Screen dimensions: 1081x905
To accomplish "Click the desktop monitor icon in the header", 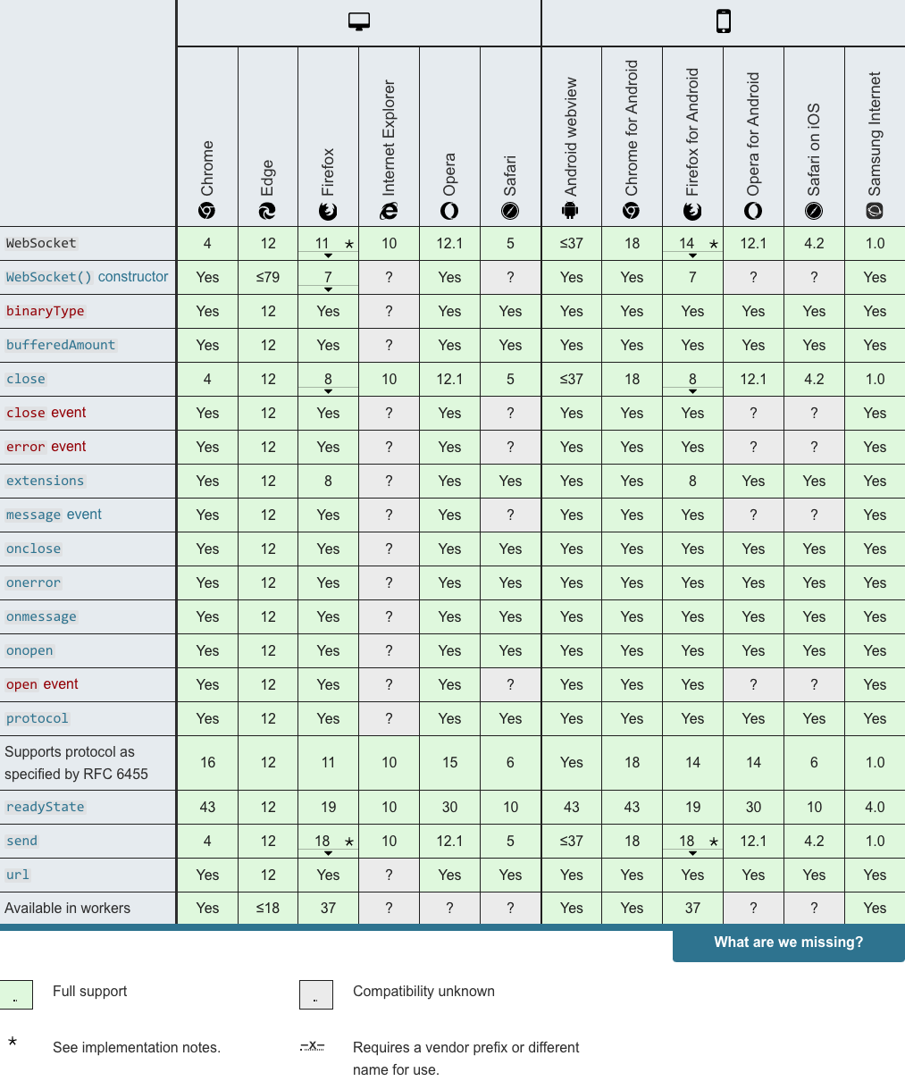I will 359,22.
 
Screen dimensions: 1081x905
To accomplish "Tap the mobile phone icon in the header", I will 723,21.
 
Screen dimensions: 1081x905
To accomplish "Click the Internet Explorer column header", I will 389,147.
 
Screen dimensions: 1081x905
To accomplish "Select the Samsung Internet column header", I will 875,147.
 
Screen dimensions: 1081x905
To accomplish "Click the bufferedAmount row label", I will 61,345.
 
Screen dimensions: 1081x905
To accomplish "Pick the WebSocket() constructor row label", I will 87,277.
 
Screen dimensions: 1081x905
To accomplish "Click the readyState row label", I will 46,807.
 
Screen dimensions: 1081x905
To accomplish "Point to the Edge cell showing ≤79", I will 268,277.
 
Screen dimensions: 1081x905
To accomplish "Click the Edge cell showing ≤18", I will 268,908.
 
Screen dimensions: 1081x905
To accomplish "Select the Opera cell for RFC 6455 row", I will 449,762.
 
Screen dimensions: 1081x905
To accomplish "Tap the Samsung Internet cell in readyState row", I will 875,807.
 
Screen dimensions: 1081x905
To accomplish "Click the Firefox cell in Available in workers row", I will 328,908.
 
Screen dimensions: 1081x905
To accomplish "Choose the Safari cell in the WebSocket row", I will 510,243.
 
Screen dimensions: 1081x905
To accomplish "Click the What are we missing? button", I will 788,943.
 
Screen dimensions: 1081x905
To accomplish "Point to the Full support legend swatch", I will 16,994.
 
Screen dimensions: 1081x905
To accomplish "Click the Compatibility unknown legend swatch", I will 316,994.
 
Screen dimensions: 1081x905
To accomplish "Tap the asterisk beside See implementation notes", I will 13,1043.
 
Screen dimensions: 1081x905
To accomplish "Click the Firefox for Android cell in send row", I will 692,841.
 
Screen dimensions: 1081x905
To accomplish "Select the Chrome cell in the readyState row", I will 207,807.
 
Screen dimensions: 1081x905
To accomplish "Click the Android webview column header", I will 571,147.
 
